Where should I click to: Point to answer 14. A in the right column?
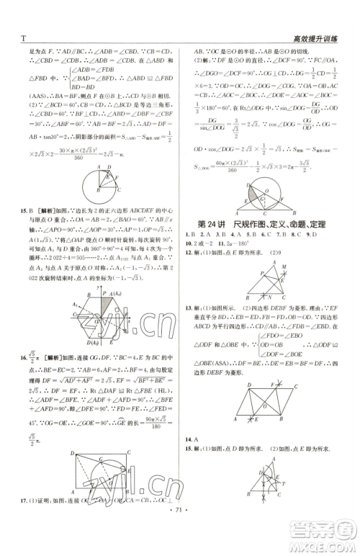click(192, 438)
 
